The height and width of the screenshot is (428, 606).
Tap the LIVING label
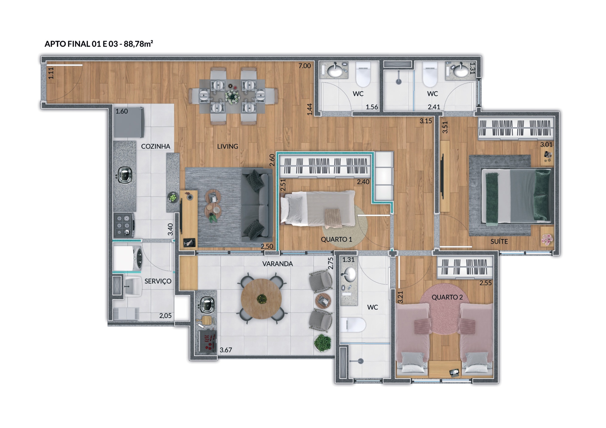click(227, 146)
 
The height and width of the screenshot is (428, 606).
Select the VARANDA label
click(277, 264)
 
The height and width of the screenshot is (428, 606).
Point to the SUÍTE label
click(499, 241)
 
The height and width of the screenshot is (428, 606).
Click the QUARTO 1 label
click(336, 239)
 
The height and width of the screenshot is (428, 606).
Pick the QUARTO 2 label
click(447, 297)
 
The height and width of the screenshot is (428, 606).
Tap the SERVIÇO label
click(158, 281)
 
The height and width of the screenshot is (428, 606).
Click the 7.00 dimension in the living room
click(305, 66)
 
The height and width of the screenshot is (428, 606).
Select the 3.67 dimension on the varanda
click(226, 350)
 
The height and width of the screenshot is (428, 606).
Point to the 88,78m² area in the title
click(138, 43)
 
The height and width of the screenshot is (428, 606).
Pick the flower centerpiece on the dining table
click(232, 97)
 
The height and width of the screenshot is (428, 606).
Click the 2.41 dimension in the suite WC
click(434, 107)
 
